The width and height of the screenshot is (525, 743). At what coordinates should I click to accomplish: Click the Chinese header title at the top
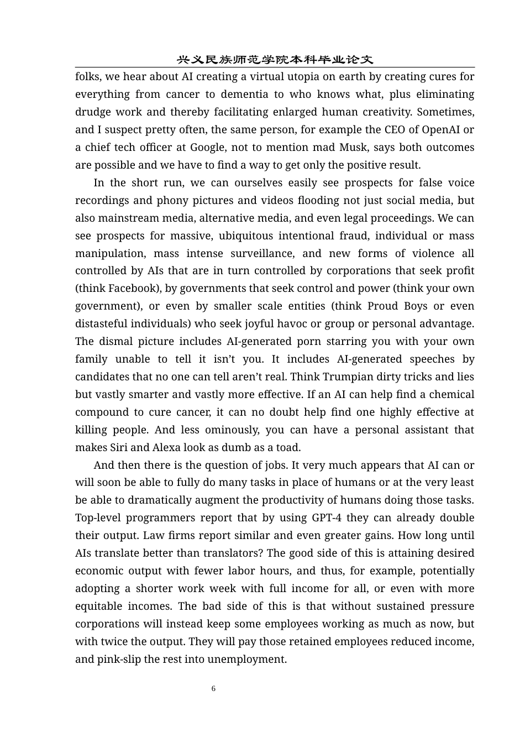pyautogui.click(x=275, y=60)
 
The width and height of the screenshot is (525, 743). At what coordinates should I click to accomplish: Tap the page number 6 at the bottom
pyautogui.click(x=213, y=688)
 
